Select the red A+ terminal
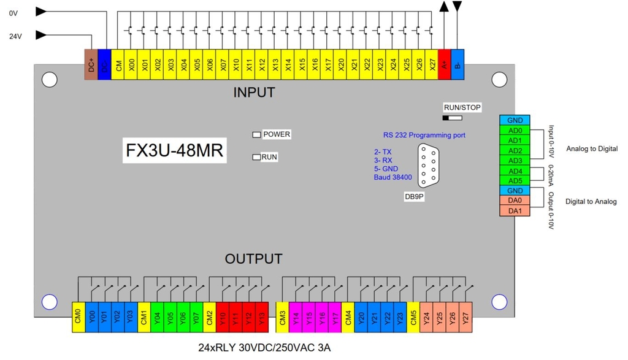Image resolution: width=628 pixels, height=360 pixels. (x=445, y=64)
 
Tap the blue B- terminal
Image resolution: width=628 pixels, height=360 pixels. (x=458, y=64)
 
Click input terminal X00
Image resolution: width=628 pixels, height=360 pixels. (x=131, y=64)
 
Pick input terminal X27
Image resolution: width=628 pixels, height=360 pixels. (x=432, y=64)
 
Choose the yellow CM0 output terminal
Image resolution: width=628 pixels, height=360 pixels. (x=78, y=317)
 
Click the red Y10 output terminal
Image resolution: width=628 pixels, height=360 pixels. (x=223, y=317)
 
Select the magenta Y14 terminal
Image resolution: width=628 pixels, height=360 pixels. (x=296, y=317)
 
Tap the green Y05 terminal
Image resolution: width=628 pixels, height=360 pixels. (x=170, y=317)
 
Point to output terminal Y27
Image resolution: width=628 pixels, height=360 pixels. (x=466, y=317)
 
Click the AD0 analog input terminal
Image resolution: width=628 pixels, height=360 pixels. (x=515, y=131)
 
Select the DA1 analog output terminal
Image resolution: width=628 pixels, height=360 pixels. (x=515, y=211)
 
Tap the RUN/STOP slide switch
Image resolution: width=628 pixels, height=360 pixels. (x=452, y=117)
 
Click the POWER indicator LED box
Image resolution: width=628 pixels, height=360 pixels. (x=256, y=134)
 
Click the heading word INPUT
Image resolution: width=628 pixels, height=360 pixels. (x=254, y=93)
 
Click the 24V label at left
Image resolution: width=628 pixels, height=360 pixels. (x=15, y=36)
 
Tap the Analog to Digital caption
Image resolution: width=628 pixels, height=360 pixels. (x=591, y=149)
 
